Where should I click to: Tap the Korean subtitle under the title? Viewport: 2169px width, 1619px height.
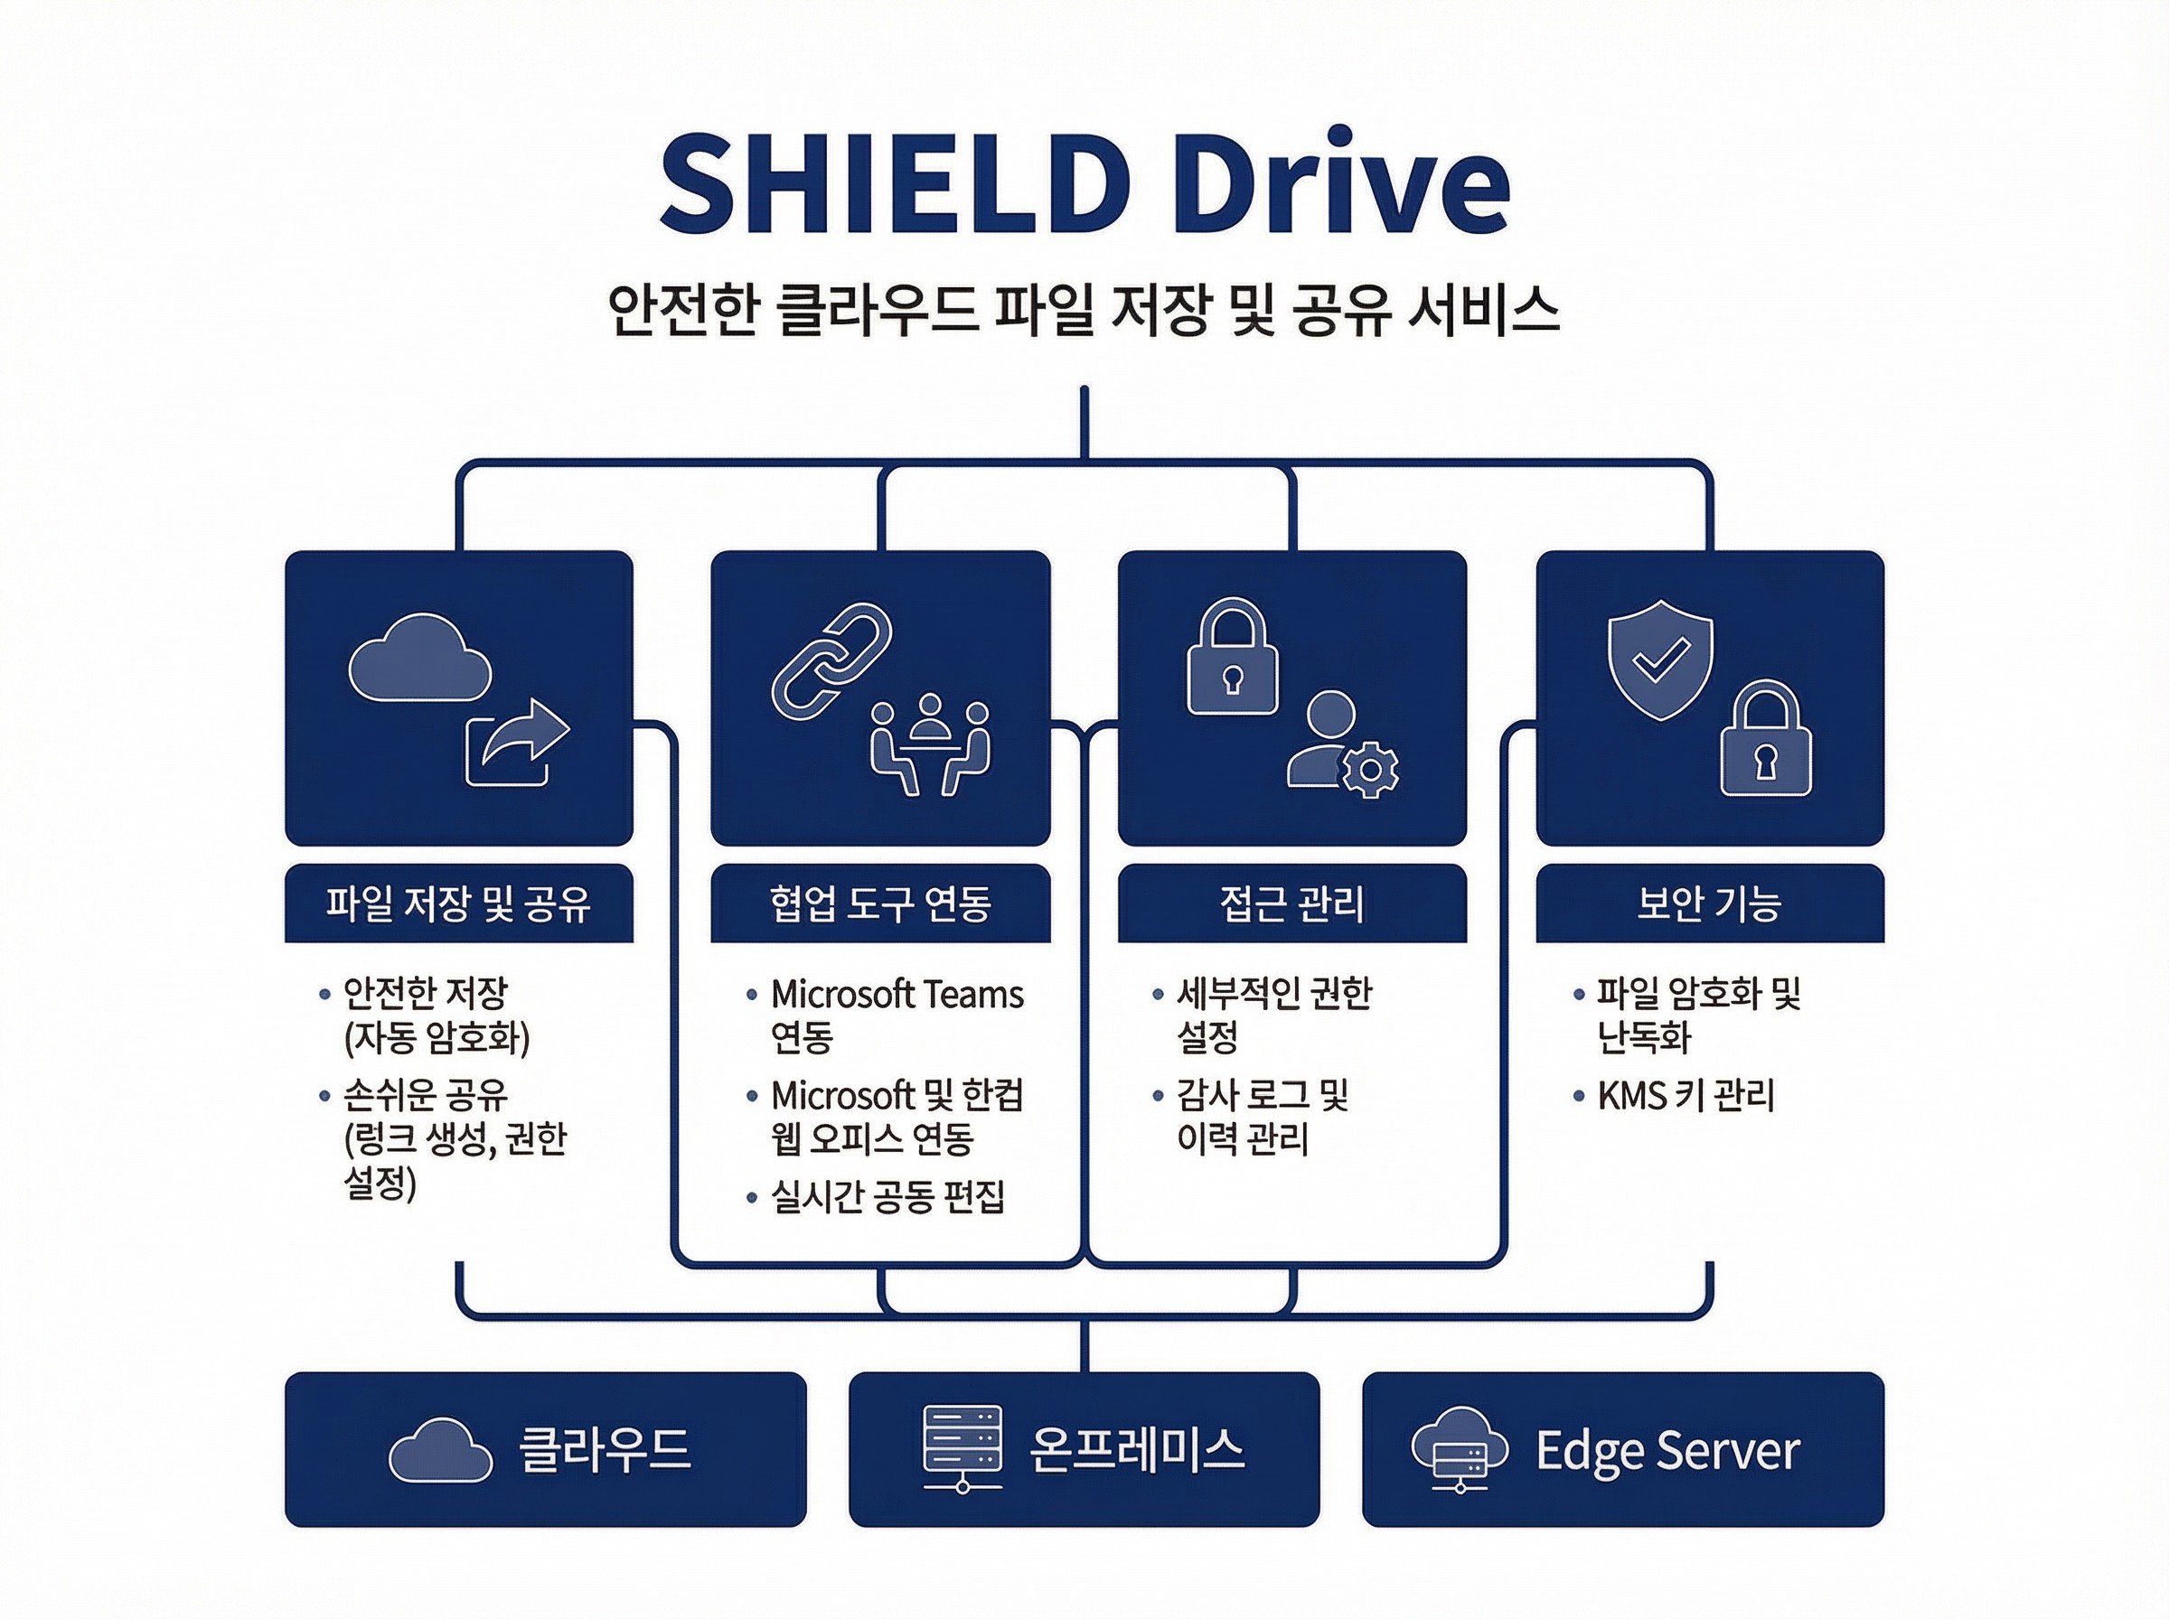click(x=1083, y=312)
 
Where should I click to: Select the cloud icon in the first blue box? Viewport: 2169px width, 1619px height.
click(x=419, y=658)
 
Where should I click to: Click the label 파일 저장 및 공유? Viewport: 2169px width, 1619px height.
click(x=459, y=903)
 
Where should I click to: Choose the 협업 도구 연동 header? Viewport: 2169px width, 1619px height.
click(x=880, y=903)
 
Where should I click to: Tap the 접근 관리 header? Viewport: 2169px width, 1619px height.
click(x=1291, y=903)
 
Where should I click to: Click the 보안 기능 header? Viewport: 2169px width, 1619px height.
click(x=1709, y=903)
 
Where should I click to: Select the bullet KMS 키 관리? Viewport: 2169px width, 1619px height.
click(x=1685, y=1096)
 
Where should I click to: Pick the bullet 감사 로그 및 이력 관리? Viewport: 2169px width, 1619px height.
click(x=1263, y=1118)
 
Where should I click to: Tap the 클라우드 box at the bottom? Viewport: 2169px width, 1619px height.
click(x=545, y=1449)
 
